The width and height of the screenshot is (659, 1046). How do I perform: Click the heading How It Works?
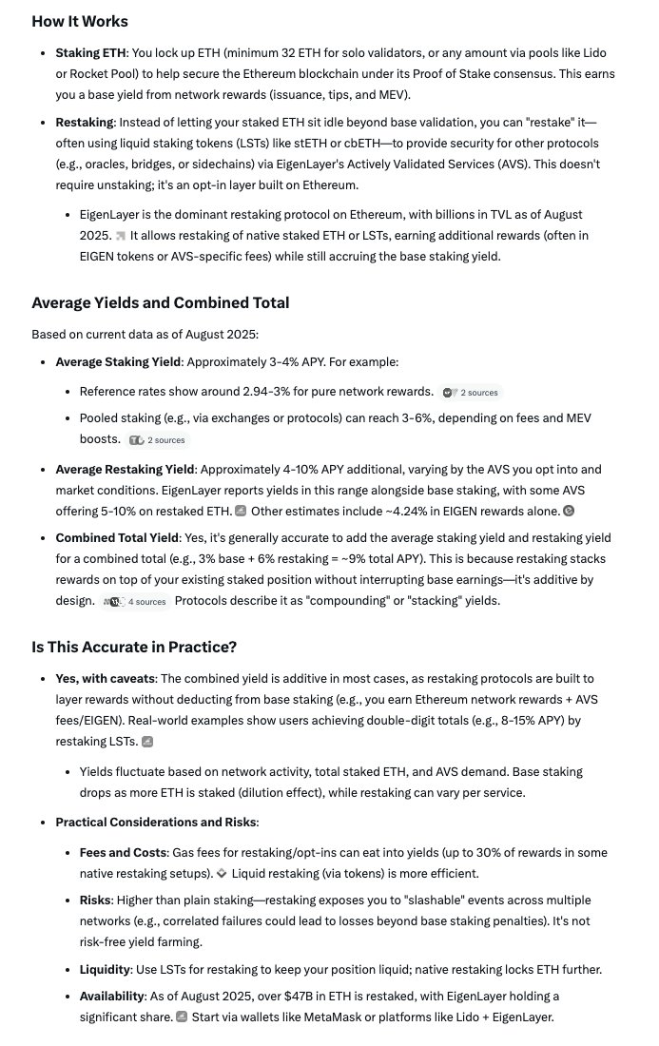click(80, 21)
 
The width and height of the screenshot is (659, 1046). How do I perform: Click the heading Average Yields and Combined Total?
click(161, 302)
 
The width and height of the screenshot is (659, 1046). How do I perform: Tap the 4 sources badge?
click(139, 601)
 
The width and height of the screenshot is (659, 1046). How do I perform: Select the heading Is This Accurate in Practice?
click(134, 648)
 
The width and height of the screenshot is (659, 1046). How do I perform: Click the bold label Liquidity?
click(109, 969)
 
